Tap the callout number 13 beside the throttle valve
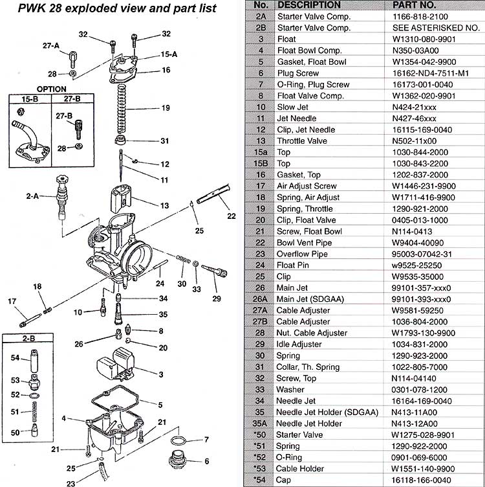coord(164,205)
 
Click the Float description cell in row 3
coord(286,39)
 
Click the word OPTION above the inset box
coord(51,89)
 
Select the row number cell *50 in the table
coord(260,435)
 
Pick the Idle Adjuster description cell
coord(299,345)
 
